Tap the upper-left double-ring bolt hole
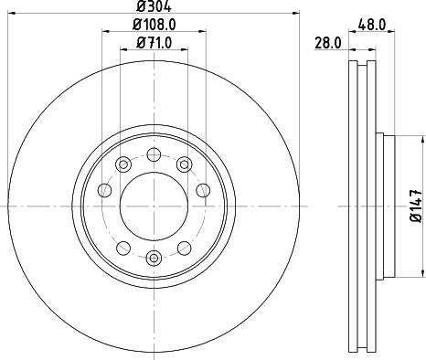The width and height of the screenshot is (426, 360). [x=122, y=164]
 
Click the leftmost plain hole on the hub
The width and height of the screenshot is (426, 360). [x=103, y=189]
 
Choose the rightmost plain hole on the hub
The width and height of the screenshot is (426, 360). [x=203, y=189]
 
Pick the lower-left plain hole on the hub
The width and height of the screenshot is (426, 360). [x=122, y=248]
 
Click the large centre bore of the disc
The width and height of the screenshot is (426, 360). [x=153, y=206]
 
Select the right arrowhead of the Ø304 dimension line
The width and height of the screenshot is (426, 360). [x=296, y=14]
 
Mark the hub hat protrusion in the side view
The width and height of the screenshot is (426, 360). [x=385, y=206]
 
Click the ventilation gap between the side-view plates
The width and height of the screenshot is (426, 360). [x=362, y=206]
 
